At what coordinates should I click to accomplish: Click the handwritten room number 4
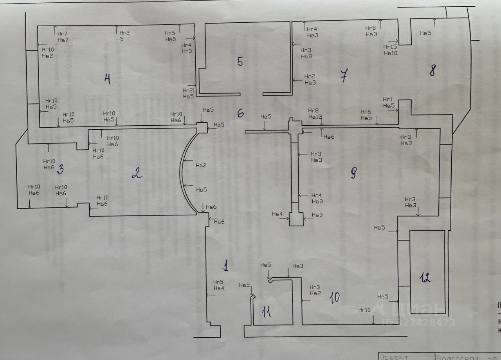(107, 80)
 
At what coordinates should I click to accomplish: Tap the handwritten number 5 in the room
(240, 62)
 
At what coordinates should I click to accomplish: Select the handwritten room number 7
(343, 76)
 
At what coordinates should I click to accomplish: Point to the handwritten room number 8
(432, 71)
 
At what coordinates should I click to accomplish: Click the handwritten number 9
(353, 173)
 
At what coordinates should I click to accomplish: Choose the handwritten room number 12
(425, 278)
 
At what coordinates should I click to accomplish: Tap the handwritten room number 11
(267, 312)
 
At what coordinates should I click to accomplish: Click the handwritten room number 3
(60, 170)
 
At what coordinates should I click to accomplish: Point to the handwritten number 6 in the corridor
(241, 113)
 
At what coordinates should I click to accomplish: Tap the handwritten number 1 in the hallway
(225, 267)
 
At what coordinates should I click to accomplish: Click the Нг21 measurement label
(188, 90)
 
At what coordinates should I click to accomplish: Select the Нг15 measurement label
(390, 47)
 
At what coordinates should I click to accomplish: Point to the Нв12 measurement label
(315, 117)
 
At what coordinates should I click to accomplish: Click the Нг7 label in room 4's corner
(63, 34)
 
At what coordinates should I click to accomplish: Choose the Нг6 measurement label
(366, 112)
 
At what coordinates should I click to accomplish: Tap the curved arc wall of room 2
(181, 172)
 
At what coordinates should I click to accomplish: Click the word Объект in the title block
(394, 357)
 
